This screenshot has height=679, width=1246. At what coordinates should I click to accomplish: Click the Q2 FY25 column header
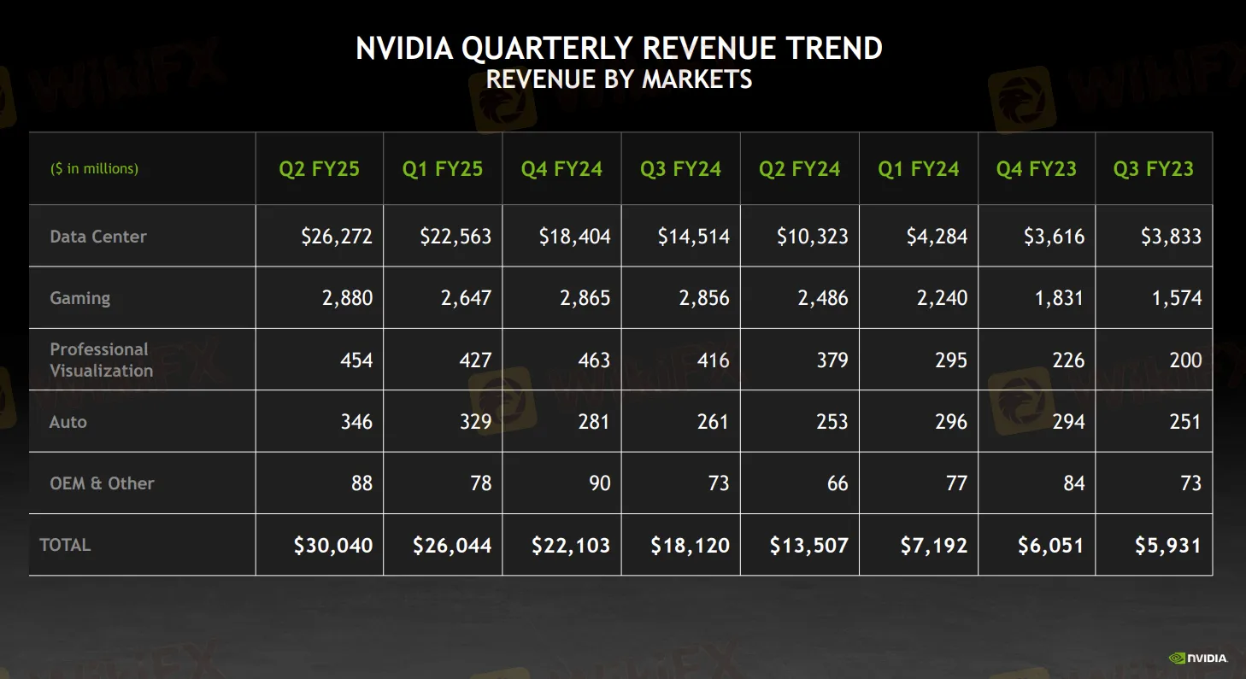click(319, 169)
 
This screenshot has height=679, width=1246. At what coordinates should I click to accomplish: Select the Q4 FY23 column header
click(1036, 169)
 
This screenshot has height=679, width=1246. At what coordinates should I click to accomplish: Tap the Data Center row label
click(98, 237)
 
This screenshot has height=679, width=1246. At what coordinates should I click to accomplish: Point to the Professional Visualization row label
click(101, 360)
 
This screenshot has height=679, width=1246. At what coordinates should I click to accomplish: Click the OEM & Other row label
click(102, 483)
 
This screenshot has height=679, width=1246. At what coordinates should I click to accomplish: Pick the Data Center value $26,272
click(337, 237)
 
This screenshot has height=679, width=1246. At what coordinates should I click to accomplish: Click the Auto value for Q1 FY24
click(950, 422)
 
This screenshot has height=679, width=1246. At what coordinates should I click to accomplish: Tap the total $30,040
click(333, 546)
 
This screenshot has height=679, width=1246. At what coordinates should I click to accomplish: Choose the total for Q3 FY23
click(1167, 546)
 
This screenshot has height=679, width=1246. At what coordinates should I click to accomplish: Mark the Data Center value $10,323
click(812, 237)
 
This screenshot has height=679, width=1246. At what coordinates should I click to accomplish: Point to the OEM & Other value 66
click(837, 483)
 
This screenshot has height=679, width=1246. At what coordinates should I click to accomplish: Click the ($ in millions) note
click(94, 169)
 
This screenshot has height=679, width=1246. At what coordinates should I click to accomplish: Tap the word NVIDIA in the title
click(403, 49)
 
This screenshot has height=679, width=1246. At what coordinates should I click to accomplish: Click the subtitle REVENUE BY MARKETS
click(619, 79)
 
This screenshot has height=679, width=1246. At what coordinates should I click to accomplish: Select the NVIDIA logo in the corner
click(1198, 658)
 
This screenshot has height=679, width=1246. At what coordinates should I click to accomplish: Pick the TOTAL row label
click(65, 545)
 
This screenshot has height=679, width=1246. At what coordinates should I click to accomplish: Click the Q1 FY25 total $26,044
click(452, 546)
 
